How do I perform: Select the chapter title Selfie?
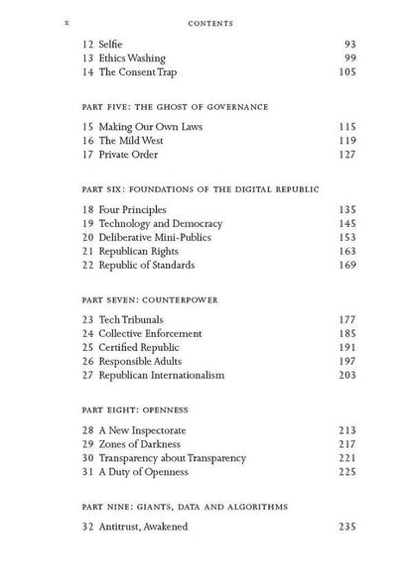point(108,44)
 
